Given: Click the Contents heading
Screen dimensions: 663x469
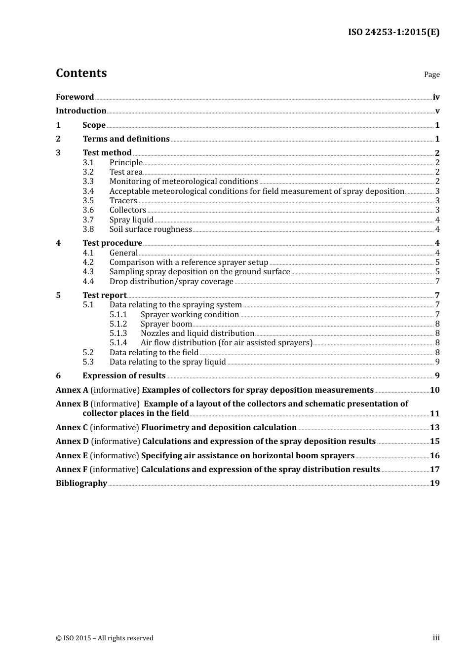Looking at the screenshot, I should [81, 73].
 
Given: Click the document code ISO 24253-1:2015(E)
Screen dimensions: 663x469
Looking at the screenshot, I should [393, 32].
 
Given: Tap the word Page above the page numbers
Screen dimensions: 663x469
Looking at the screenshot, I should [431, 74].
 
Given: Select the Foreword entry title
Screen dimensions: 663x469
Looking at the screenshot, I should [75, 97].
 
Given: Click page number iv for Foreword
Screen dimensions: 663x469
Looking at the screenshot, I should [436, 97].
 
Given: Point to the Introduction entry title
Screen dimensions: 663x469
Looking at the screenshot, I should [81, 111].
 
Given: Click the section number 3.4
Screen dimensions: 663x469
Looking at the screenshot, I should [88, 191].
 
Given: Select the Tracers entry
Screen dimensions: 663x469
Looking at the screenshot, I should [123, 201].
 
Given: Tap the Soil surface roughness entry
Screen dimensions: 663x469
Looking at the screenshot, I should [151, 229].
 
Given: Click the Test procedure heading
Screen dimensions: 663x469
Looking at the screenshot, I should [112, 243].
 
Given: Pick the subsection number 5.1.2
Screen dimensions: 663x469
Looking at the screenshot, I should [118, 324].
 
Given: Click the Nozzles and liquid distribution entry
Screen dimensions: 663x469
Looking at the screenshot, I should [197, 333].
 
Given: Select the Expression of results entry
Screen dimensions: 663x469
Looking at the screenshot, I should [124, 376].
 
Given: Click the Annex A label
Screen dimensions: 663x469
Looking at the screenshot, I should [72, 390].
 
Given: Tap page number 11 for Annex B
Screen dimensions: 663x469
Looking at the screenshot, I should [434, 414].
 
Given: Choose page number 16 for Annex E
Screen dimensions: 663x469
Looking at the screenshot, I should [434, 456].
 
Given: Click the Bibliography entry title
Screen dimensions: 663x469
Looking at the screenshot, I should [81, 483].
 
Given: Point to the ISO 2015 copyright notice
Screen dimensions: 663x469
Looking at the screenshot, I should [105, 638].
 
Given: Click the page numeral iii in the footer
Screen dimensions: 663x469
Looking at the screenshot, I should [436, 638].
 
